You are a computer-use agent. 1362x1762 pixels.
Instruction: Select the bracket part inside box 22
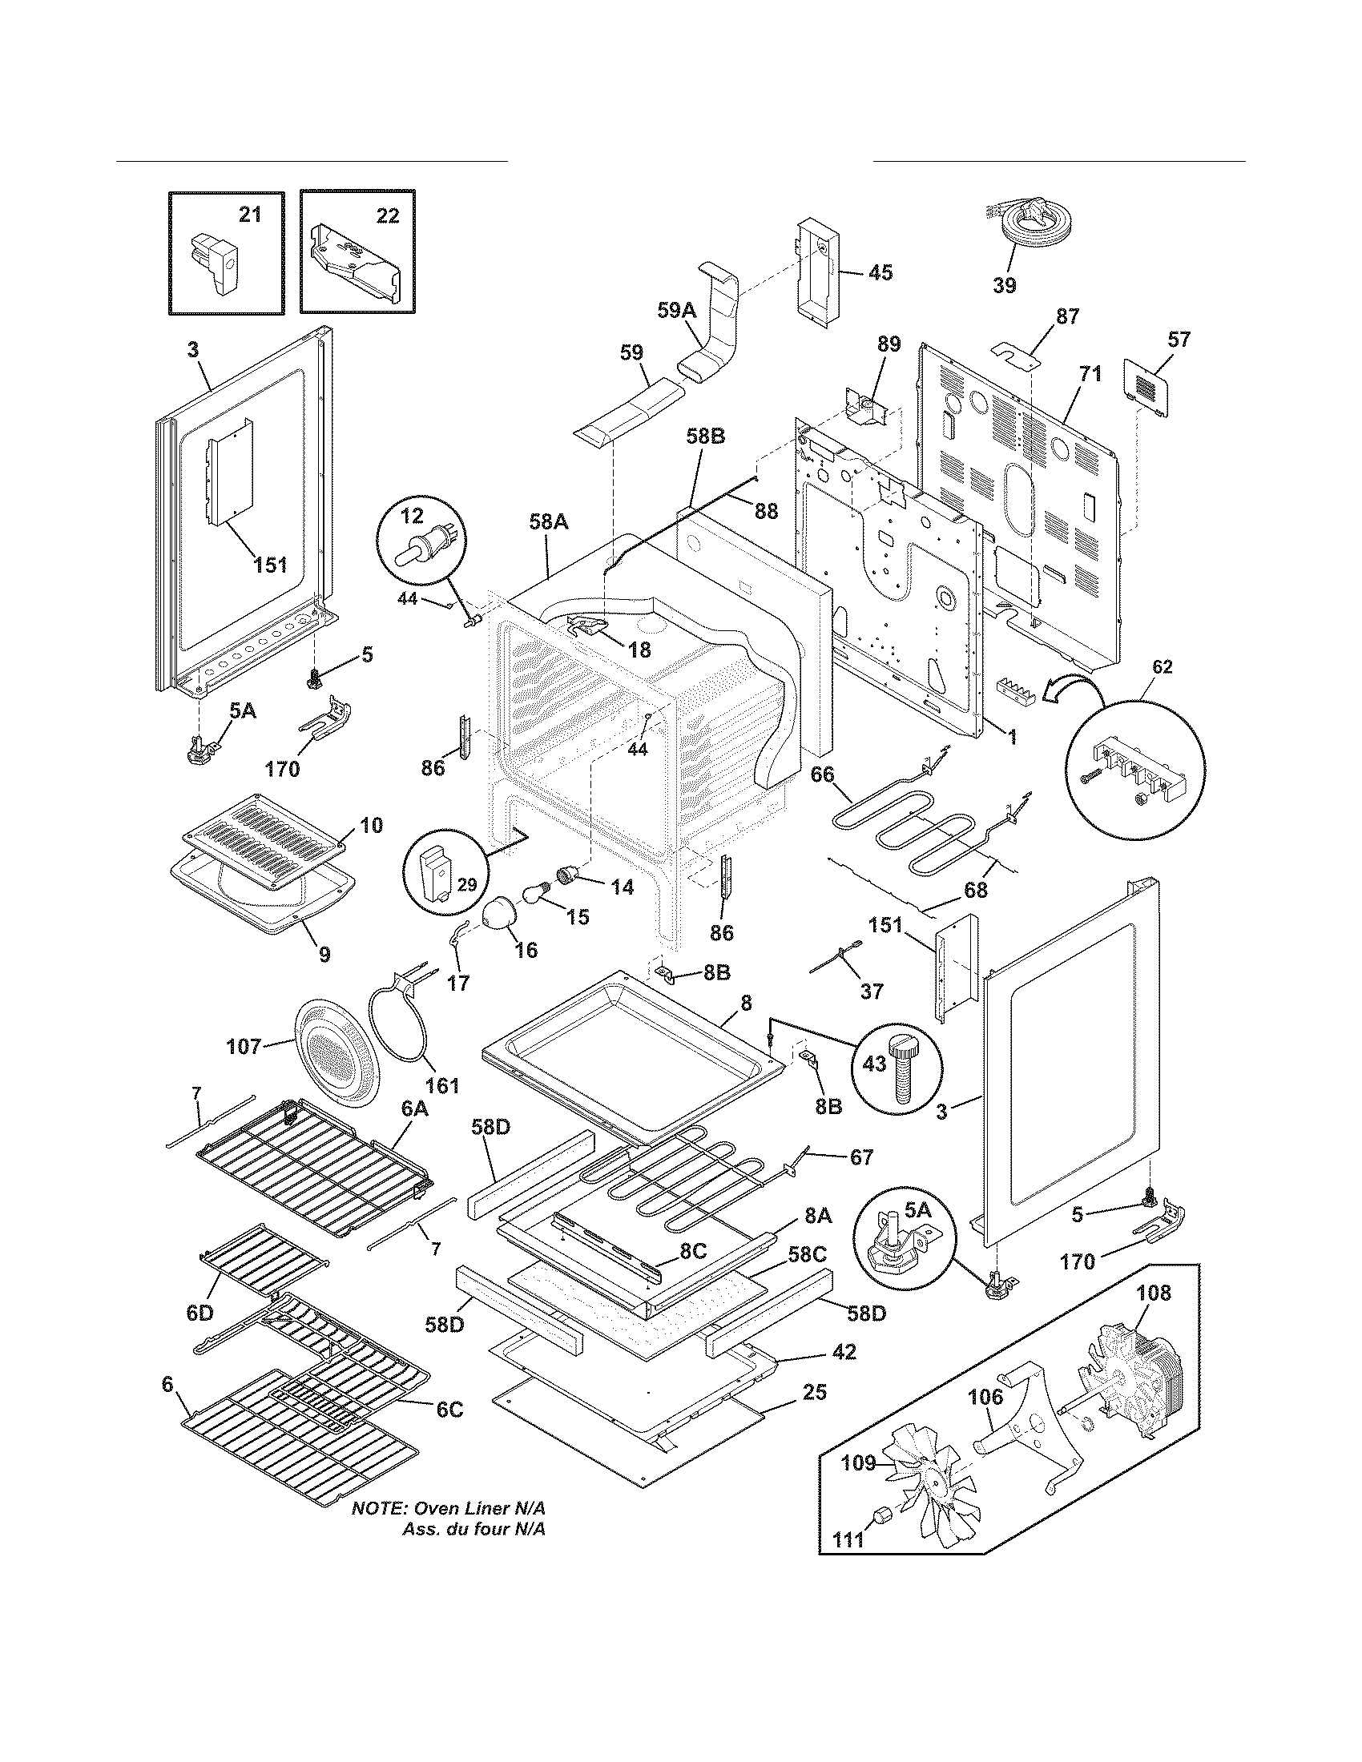tap(354, 266)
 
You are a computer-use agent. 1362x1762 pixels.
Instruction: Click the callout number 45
tap(880, 272)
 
